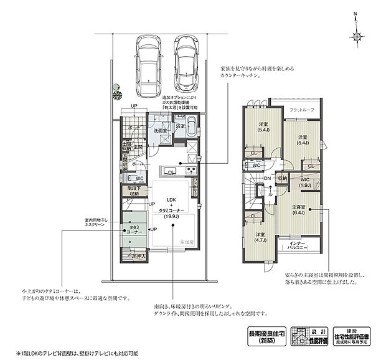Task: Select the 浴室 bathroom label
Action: point(181,126)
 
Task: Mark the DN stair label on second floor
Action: point(266,179)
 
